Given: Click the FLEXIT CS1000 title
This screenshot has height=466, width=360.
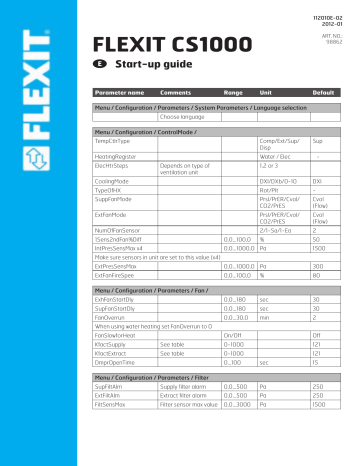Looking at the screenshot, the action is click(x=163, y=48).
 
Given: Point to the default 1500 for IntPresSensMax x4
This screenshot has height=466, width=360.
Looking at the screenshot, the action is click(x=321, y=249).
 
